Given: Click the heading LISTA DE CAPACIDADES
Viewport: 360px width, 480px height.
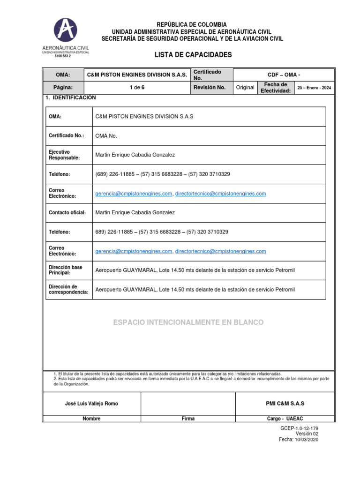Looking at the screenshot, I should [x=193, y=55].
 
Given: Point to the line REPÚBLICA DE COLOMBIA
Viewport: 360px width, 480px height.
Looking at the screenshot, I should [x=191, y=24].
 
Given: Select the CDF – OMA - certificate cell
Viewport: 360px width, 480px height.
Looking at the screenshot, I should [x=283, y=75].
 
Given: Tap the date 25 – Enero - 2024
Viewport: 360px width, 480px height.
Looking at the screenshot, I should [x=314, y=88].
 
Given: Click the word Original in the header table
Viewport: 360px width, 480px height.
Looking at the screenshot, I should [x=245, y=88].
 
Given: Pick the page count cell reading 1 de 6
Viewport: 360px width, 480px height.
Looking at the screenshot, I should [x=137, y=88].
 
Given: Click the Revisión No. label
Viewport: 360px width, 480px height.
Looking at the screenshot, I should [x=210, y=88].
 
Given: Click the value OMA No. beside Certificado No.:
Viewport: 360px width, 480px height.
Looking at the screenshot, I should [x=106, y=136].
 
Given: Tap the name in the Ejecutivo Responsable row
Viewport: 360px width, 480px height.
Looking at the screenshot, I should [x=135, y=155].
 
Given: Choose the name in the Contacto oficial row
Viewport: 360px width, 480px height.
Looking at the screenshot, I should [x=135, y=213].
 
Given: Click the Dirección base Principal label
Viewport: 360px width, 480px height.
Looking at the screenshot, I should [x=66, y=270].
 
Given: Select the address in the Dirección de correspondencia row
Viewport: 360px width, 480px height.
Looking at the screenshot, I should [x=195, y=290].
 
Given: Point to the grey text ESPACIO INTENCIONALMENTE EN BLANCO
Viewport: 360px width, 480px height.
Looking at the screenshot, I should [x=188, y=322].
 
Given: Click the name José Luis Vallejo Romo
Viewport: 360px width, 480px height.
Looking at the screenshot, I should [x=91, y=404].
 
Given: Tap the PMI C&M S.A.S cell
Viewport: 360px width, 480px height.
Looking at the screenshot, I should [x=285, y=404].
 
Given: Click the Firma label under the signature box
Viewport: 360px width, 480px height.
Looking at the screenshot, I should [x=188, y=419].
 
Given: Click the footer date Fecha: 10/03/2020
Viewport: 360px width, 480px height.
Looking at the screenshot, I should [x=299, y=440].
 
